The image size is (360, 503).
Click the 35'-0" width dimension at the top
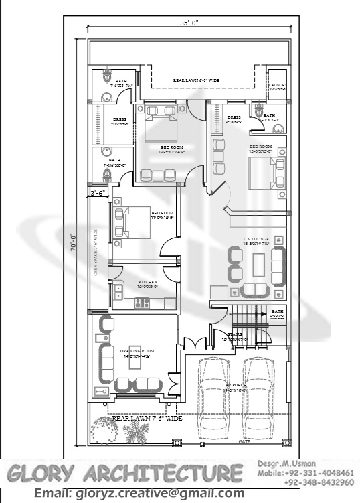click(x=189, y=23)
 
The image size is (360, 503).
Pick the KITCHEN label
click(x=147, y=283)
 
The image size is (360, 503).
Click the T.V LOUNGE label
click(x=257, y=239)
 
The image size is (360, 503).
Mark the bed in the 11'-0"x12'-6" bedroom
click(x=132, y=223)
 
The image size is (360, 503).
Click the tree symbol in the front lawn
click(x=107, y=427)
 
